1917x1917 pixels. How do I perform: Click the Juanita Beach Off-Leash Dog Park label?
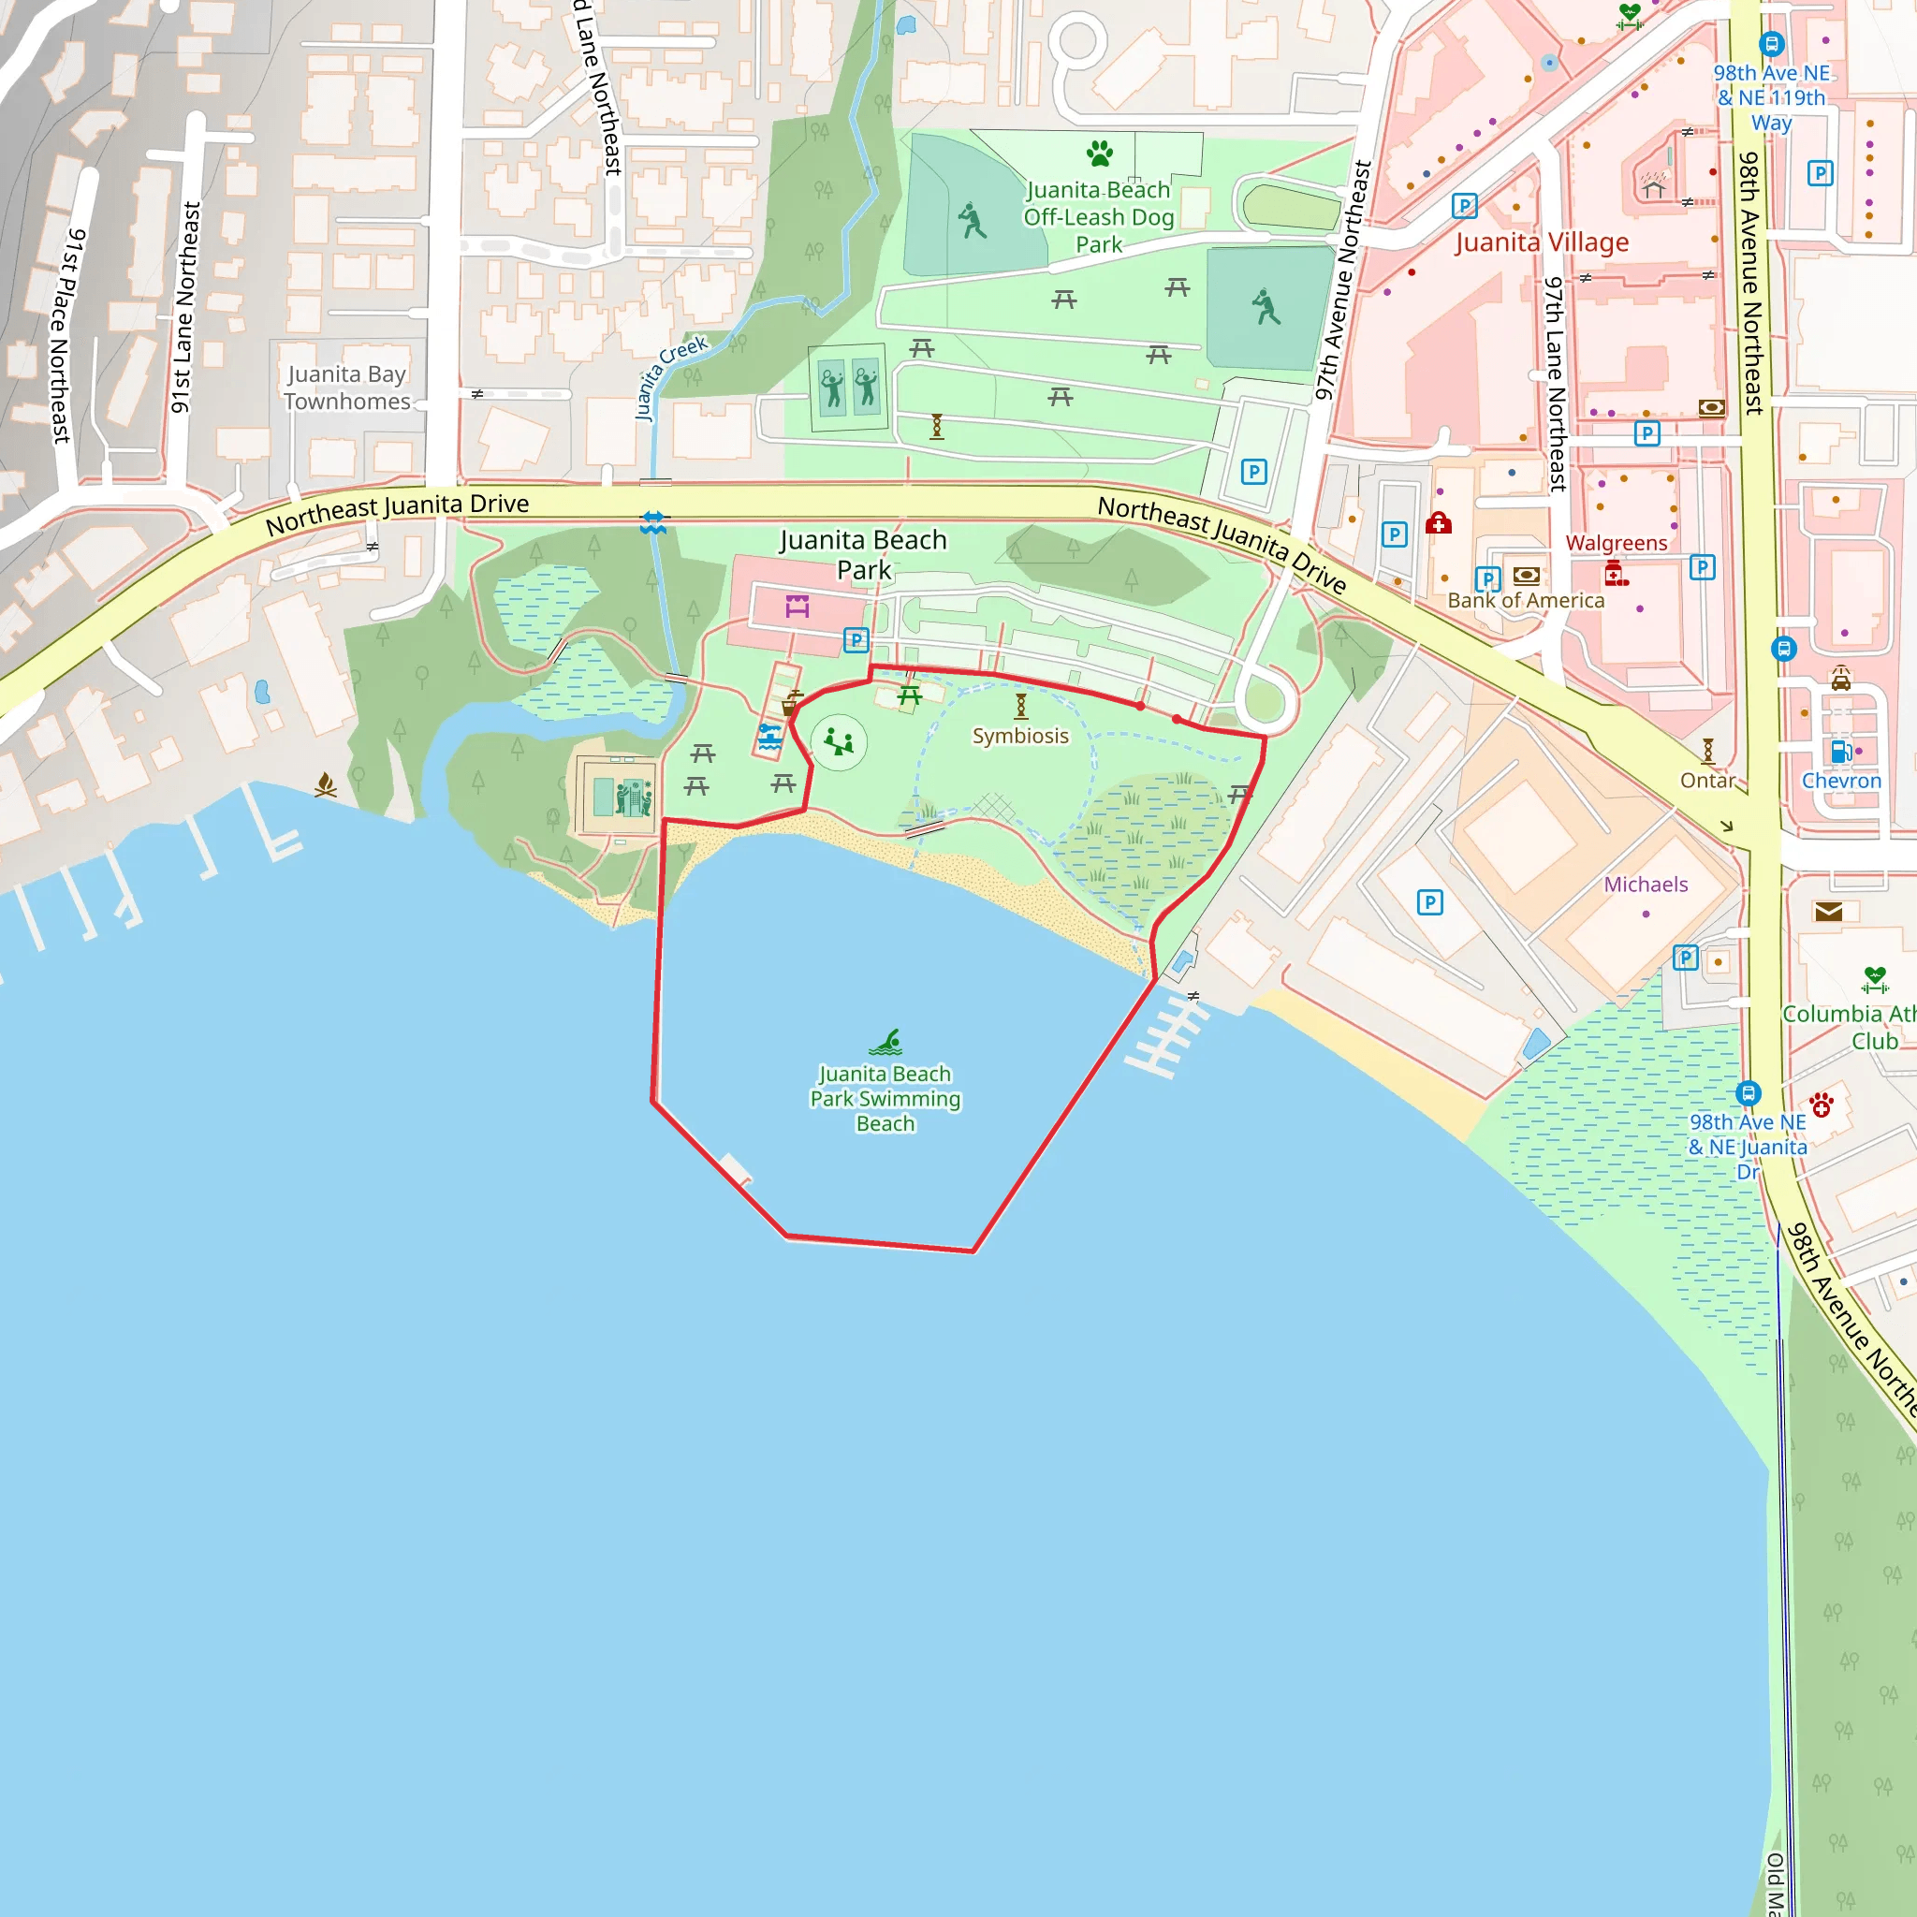(1098, 217)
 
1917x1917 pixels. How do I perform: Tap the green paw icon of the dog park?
(1100, 153)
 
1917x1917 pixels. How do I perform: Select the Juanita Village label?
(1541, 243)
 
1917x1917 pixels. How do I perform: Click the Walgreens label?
(1617, 543)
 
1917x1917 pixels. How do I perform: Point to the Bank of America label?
(1525, 600)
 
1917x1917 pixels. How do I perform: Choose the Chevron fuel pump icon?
(1840, 751)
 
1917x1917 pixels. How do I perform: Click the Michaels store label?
(1646, 884)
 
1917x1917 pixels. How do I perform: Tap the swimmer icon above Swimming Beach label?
(886, 1042)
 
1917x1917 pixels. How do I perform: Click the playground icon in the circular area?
(839, 741)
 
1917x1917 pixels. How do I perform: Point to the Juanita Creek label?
(672, 377)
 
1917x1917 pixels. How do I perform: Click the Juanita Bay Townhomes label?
(346, 388)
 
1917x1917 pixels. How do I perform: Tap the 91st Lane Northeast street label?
(185, 308)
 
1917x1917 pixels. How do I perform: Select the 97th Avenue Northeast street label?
(1341, 281)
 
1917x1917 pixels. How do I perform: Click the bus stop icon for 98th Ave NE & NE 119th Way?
(1771, 44)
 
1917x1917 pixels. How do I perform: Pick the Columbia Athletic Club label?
(1849, 1027)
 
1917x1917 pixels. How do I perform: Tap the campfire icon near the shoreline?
(326, 784)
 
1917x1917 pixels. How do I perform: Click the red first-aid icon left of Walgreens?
(1439, 523)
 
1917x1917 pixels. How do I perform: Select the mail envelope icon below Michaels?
(1828, 912)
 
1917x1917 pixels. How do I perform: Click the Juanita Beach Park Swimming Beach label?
(885, 1098)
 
